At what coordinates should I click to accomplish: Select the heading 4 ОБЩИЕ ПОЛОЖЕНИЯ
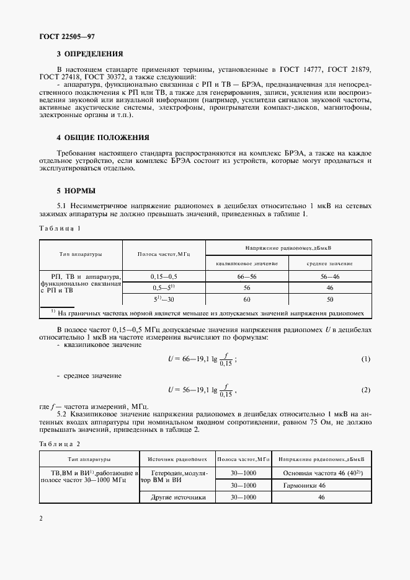tap(104, 137)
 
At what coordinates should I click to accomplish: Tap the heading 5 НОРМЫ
tap(76, 191)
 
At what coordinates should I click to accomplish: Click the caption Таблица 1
tap(60, 228)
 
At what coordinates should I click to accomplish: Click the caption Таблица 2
tap(60, 444)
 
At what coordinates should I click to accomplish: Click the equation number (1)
tap(365, 359)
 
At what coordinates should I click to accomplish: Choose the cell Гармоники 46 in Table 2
tap(321, 485)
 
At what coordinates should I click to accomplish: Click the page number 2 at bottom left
tap(40, 518)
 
